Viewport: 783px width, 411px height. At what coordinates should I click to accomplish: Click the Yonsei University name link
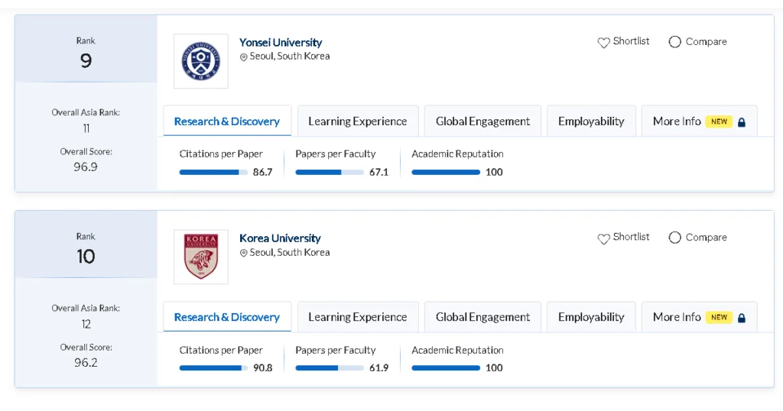[281, 43]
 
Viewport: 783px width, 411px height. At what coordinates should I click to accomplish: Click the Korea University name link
[280, 238]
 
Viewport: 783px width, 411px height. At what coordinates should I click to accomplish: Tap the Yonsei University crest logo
[200, 61]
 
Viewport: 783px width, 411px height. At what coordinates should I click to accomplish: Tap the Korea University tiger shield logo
[200, 257]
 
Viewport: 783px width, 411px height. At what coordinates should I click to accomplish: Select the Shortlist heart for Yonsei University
[603, 42]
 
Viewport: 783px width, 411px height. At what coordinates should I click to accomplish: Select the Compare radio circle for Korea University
[674, 238]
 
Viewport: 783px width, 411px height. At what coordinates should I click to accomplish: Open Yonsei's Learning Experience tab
[357, 121]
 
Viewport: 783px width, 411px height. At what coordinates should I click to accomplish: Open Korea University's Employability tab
[591, 317]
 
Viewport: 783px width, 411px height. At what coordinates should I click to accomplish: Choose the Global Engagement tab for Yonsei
[482, 121]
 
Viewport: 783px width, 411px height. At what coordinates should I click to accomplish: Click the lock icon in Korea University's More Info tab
[741, 318]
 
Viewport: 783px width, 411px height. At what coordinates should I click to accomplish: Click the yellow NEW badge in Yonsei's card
[719, 121]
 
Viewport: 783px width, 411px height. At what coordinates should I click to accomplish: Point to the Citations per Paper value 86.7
[262, 173]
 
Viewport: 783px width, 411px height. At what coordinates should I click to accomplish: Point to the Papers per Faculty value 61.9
[379, 368]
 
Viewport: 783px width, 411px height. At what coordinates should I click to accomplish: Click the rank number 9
[86, 61]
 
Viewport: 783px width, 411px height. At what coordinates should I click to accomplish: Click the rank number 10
[86, 257]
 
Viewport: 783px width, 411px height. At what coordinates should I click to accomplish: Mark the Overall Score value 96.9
[86, 167]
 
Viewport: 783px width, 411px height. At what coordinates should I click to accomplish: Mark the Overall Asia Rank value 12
[86, 324]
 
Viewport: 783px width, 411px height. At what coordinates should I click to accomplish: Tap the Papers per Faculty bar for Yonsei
[329, 173]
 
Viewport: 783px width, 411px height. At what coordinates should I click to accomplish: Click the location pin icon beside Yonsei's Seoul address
[244, 57]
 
